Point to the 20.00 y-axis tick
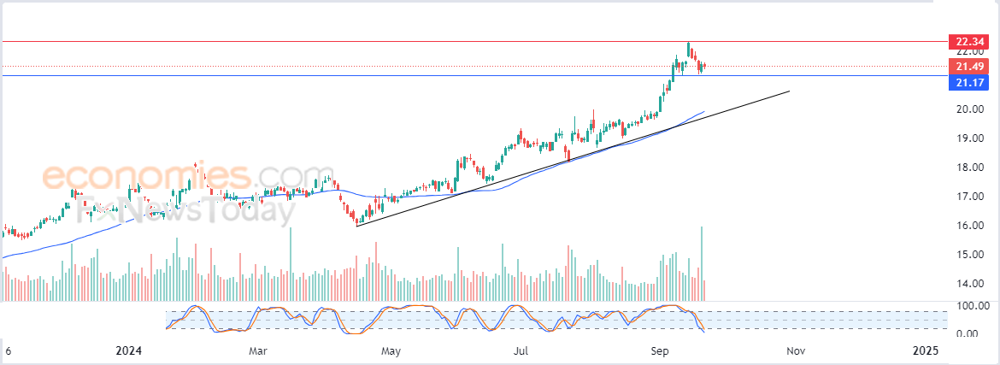pyautogui.click(x=968, y=109)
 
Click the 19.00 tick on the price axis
pyautogui.click(x=968, y=138)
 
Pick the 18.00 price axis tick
pyautogui.click(x=968, y=168)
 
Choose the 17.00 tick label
pyautogui.click(x=968, y=197)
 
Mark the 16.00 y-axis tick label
pyautogui.click(x=968, y=226)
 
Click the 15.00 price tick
pyautogui.click(x=968, y=255)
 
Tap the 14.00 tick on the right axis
pyautogui.click(x=968, y=284)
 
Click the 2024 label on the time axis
pyautogui.click(x=128, y=351)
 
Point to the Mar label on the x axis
pyautogui.click(x=259, y=351)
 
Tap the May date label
pyautogui.click(x=391, y=351)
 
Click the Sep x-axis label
pyautogui.click(x=659, y=351)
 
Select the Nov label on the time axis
pyautogui.click(x=795, y=351)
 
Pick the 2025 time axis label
pyautogui.click(x=926, y=351)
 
